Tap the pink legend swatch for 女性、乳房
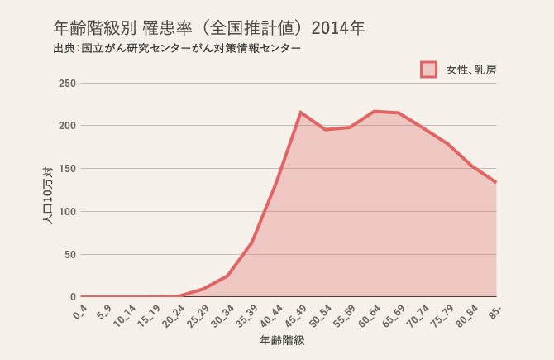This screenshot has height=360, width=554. click(x=428, y=70)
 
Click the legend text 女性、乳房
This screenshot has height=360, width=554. click(x=470, y=70)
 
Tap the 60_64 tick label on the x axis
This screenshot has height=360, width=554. click(x=370, y=314)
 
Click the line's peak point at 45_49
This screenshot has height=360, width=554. click(x=301, y=113)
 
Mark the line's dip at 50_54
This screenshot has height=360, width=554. click(x=325, y=130)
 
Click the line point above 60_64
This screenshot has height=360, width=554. click(x=374, y=111)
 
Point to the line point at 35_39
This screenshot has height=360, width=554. click(x=251, y=242)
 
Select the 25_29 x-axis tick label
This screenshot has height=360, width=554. click(x=198, y=314)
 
